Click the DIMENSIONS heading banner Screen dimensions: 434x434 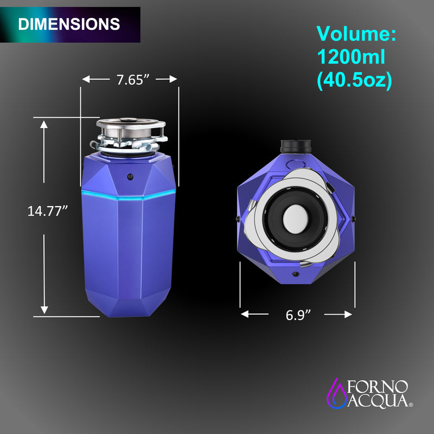(69, 24)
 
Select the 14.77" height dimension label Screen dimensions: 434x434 (48, 210)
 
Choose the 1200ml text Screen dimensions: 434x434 (350, 58)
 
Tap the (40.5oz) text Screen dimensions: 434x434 (354, 80)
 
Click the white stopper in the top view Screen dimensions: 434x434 (296, 217)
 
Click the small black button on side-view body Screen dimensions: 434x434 (130, 176)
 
